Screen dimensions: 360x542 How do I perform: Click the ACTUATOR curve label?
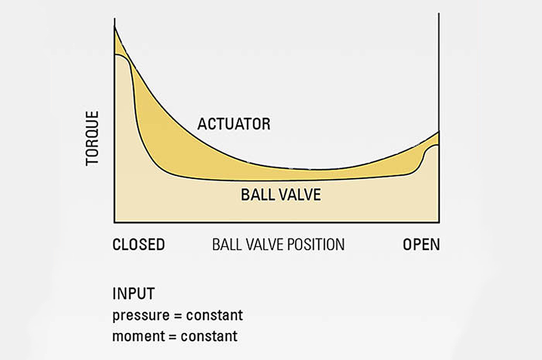(234, 124)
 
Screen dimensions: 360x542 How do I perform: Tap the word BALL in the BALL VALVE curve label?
(257, 194)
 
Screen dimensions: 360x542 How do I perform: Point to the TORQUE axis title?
(93, 138)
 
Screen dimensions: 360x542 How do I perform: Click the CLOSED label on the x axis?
(138, 245)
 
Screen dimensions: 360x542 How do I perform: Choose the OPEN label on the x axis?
(421, 245)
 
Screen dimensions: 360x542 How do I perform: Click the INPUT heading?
(134, 293)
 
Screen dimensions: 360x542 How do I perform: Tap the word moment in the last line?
(137, 336)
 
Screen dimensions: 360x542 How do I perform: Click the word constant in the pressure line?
(215, 315)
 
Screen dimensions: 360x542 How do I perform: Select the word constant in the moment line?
(209, 336)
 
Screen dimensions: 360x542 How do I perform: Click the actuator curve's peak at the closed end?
(115, 28)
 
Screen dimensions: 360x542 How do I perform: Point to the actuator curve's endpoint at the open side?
(438, 132)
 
